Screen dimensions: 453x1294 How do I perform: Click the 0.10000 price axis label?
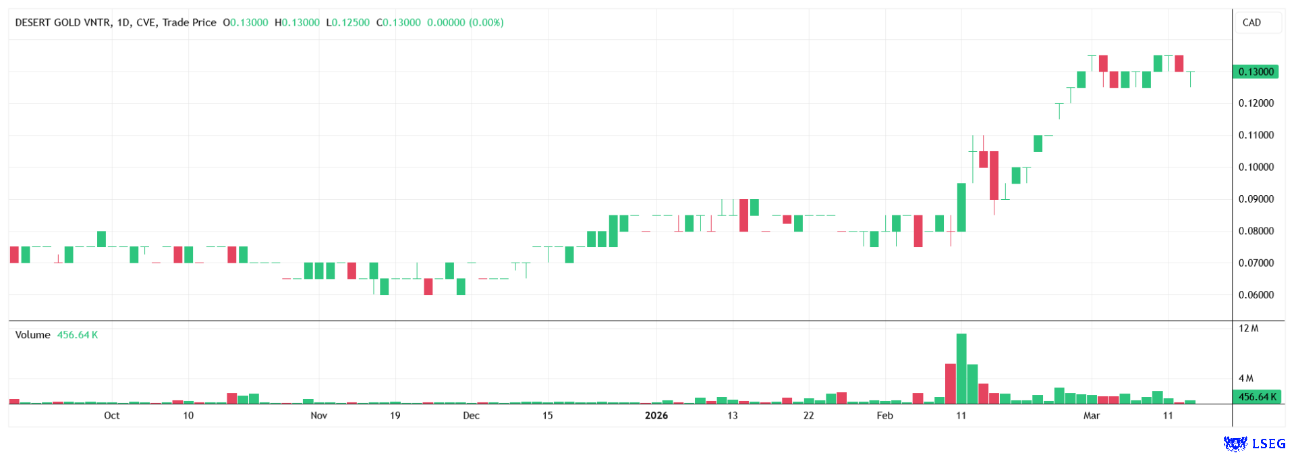(x=1256, y=167)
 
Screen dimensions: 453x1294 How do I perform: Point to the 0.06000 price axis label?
(x=1256, y=295)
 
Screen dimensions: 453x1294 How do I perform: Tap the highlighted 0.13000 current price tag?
(x=1256, y=72)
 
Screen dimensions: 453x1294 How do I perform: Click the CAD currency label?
(x=1251, y=22)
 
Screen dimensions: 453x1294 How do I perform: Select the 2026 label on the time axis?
(x=656, y=416)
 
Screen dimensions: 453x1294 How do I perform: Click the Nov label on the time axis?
(x=318, y=416)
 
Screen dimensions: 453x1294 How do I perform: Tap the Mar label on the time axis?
(x=1091, y=416)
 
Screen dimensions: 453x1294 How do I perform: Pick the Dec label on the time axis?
(x=471, y=416)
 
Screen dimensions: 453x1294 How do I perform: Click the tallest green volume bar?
(x=961, y=368)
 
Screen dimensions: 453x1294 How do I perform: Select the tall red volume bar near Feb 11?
(x=951, y=383)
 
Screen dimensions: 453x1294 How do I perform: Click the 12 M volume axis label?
(x=1248, y=329)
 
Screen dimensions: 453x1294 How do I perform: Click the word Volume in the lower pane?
(x=32, y=335)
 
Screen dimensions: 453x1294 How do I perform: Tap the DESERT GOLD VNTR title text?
(x=63, y=22)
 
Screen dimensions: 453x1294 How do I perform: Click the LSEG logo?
(x=1255, y=444)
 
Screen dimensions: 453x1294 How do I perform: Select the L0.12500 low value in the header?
(x=347, y=22)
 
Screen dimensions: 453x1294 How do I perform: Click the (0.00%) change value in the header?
(x=486, y=22)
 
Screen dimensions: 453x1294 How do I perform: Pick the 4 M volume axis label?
(x=1245, y=379)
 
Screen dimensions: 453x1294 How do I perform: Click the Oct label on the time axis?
(x=111, y=416)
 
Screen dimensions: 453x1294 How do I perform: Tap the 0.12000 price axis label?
(x=1256, y=103)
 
